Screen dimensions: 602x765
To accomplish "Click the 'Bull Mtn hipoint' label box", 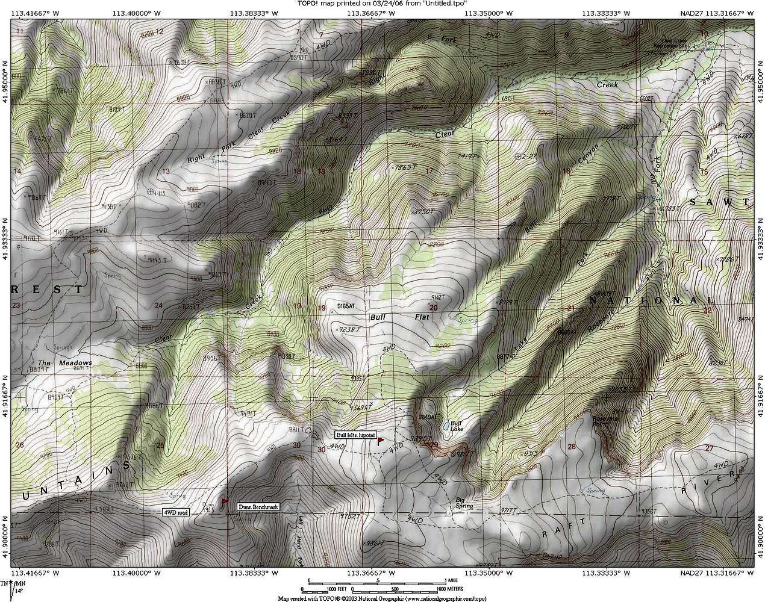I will click(355, 435).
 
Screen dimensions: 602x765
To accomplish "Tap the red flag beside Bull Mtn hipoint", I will click(380, 441).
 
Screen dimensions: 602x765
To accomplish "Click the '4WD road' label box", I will click(176, 512).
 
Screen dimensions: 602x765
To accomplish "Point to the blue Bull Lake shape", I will click(446, 426).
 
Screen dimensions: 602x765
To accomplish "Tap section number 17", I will click(429, 171).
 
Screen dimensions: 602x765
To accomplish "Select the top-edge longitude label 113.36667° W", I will click(375, 12).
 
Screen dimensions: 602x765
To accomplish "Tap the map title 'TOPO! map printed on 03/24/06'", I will click(382, 4).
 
